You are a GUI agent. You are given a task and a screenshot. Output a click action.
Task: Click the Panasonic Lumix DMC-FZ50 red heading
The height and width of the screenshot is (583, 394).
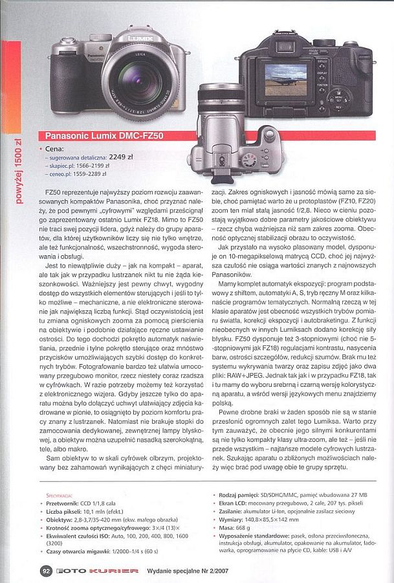point(104,136)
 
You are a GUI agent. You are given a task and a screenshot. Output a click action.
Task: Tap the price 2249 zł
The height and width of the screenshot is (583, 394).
point(121,156)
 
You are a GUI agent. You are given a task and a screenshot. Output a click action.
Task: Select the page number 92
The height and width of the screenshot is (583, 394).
point(46,571)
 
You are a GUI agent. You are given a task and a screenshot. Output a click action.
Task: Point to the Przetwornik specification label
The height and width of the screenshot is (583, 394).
point(63,502)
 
